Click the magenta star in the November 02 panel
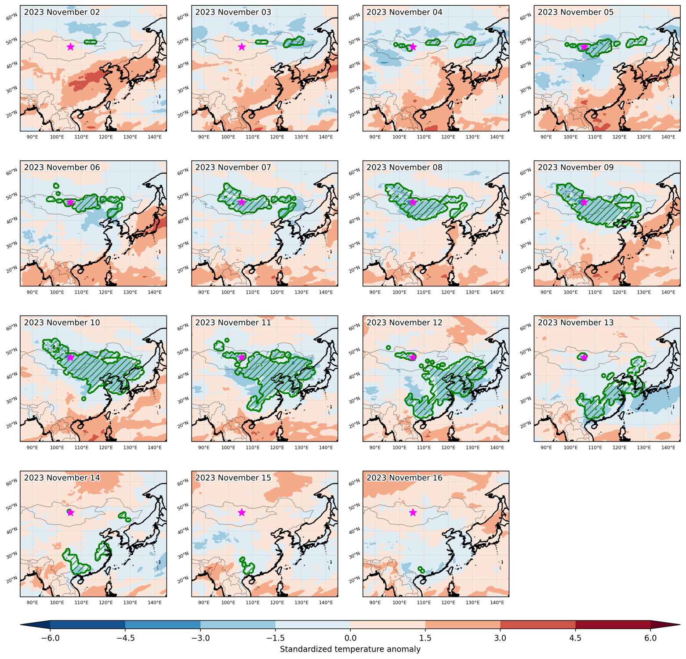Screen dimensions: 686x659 (x=70, y=47)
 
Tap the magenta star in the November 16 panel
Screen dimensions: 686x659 (x=413, y=512)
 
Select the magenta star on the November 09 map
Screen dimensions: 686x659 (x=584, y=202)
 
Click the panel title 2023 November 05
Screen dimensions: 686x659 (x=576, y=12)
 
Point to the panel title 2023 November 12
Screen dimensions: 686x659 (x=404, y=322)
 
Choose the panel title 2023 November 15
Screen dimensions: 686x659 (x=233, y=478)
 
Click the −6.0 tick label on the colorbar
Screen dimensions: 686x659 (x=50, y=637)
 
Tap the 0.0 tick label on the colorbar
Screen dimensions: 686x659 (x=350, y=637)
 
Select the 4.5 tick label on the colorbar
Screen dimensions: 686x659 (x=576, y=637)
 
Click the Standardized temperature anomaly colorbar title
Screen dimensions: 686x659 (x=350, y=649)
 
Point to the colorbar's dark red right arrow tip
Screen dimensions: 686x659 (x=680, y=625)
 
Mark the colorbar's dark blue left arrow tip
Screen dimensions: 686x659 (x=21, y=625)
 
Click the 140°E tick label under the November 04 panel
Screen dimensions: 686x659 (x=497, y=137)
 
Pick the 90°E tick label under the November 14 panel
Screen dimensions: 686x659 (x=33, y=603)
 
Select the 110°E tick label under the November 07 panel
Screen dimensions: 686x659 (x=253, y=292)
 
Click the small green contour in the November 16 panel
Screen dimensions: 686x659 (x=421, y=570)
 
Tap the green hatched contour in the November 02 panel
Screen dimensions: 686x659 (x=90, y=42)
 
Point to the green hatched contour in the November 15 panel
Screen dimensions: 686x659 (x=248, y=566)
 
